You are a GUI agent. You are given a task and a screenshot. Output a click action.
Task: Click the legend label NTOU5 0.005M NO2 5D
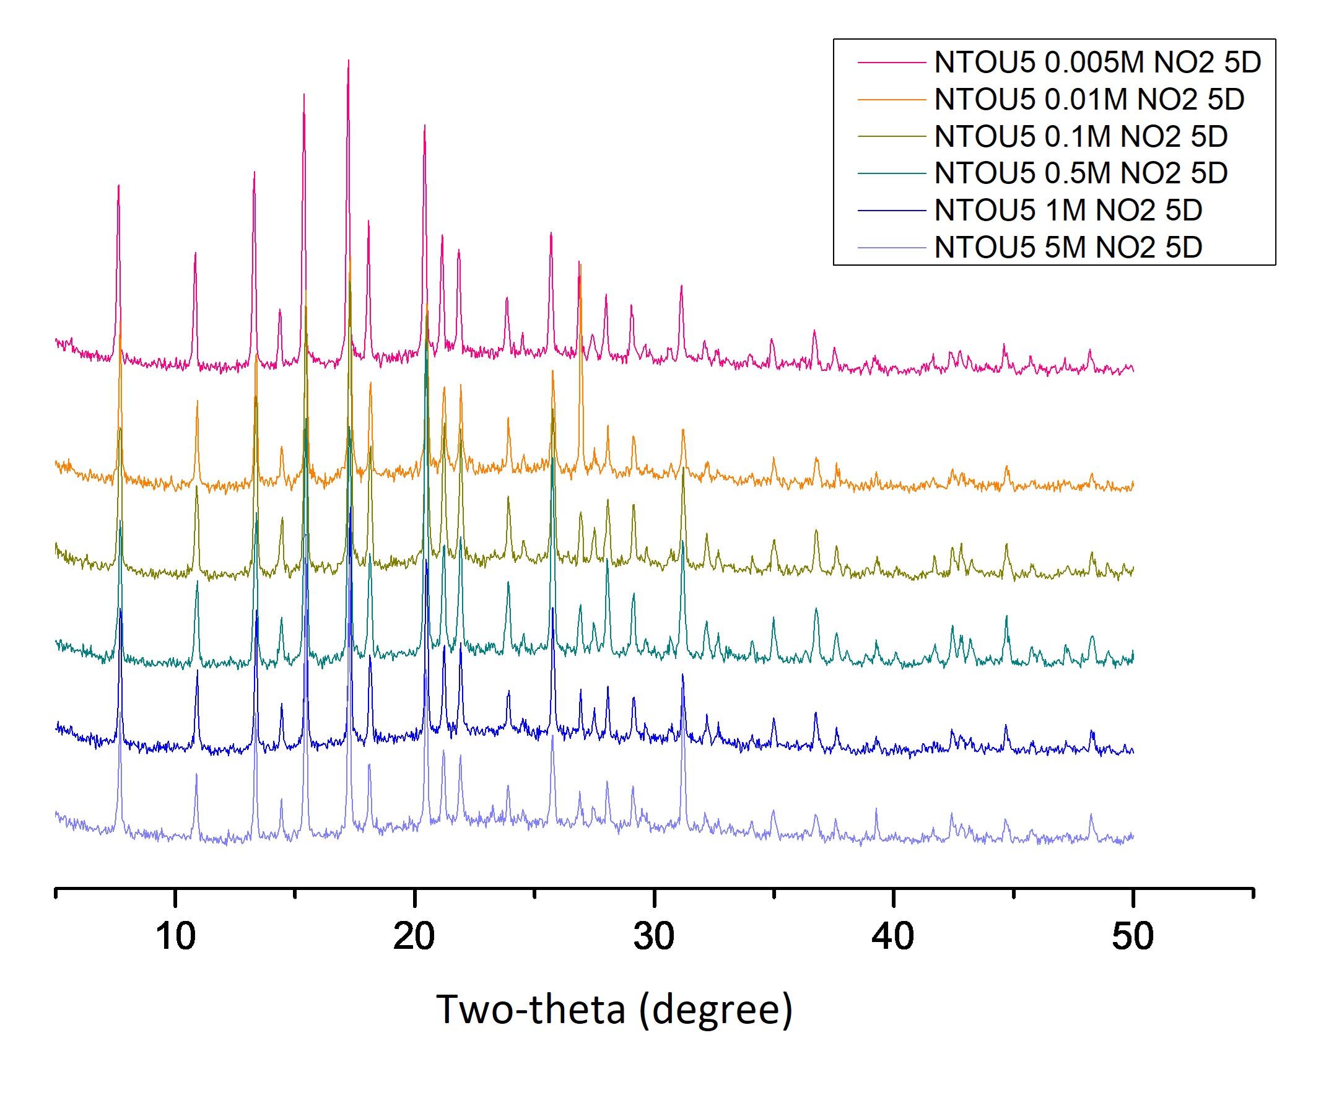1097,63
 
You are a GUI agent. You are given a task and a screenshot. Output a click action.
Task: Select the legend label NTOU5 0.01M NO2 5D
1089,100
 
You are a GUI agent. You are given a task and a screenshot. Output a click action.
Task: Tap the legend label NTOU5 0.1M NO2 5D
1081,137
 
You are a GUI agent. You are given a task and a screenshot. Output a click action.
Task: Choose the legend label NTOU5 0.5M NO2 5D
1081,173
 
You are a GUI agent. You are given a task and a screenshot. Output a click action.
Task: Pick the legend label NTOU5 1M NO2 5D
1068,211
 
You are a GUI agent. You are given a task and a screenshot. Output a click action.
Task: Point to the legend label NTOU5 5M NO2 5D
1068,247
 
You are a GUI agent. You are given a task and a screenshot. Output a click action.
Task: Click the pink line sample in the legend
891,63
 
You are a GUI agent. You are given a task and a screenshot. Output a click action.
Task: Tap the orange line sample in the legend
891,100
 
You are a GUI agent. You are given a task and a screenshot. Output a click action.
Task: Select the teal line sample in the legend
891,173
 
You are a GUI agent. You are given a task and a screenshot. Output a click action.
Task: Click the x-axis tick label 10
175,936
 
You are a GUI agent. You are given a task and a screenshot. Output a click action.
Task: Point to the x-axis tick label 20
414,936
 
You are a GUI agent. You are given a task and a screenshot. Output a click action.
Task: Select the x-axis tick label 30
653,936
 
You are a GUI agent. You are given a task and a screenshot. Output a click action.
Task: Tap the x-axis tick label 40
892,936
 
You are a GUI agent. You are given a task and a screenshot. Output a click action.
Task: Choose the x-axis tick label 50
1132,936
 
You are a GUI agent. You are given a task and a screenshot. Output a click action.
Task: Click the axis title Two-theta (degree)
614,1009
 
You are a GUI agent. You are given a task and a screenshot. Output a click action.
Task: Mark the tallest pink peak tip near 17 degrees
348,61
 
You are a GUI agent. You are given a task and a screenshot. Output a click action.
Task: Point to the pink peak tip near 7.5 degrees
118,185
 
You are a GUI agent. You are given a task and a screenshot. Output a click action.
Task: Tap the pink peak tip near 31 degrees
681,286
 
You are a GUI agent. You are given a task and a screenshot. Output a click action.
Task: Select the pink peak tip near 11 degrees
196,253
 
